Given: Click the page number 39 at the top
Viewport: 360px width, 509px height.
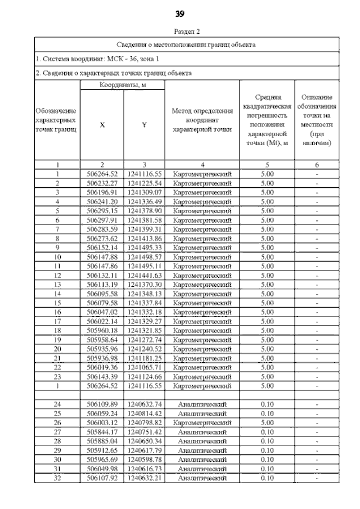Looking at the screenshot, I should (x=180, y=13).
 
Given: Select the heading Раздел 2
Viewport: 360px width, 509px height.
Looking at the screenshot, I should (x=180, y=31).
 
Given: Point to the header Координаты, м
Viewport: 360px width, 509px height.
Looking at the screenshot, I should (x=122, y=84).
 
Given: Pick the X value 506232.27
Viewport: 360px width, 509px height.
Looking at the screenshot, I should (x=102, y=183).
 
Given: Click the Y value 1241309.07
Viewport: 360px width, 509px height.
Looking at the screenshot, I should (x=144, y=192).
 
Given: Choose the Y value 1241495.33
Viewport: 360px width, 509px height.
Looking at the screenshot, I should (x=144, y=247).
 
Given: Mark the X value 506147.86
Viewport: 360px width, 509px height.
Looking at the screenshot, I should (x=102, y=266).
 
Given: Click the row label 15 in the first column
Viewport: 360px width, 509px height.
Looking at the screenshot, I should (x=57, y=303).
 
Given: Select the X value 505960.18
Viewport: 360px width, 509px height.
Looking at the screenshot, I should (x=102, y=330).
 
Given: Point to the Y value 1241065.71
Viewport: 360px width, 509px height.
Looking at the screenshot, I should (x=144, y=367).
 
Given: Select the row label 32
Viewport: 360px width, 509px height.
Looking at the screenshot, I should (x=57, y=479).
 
